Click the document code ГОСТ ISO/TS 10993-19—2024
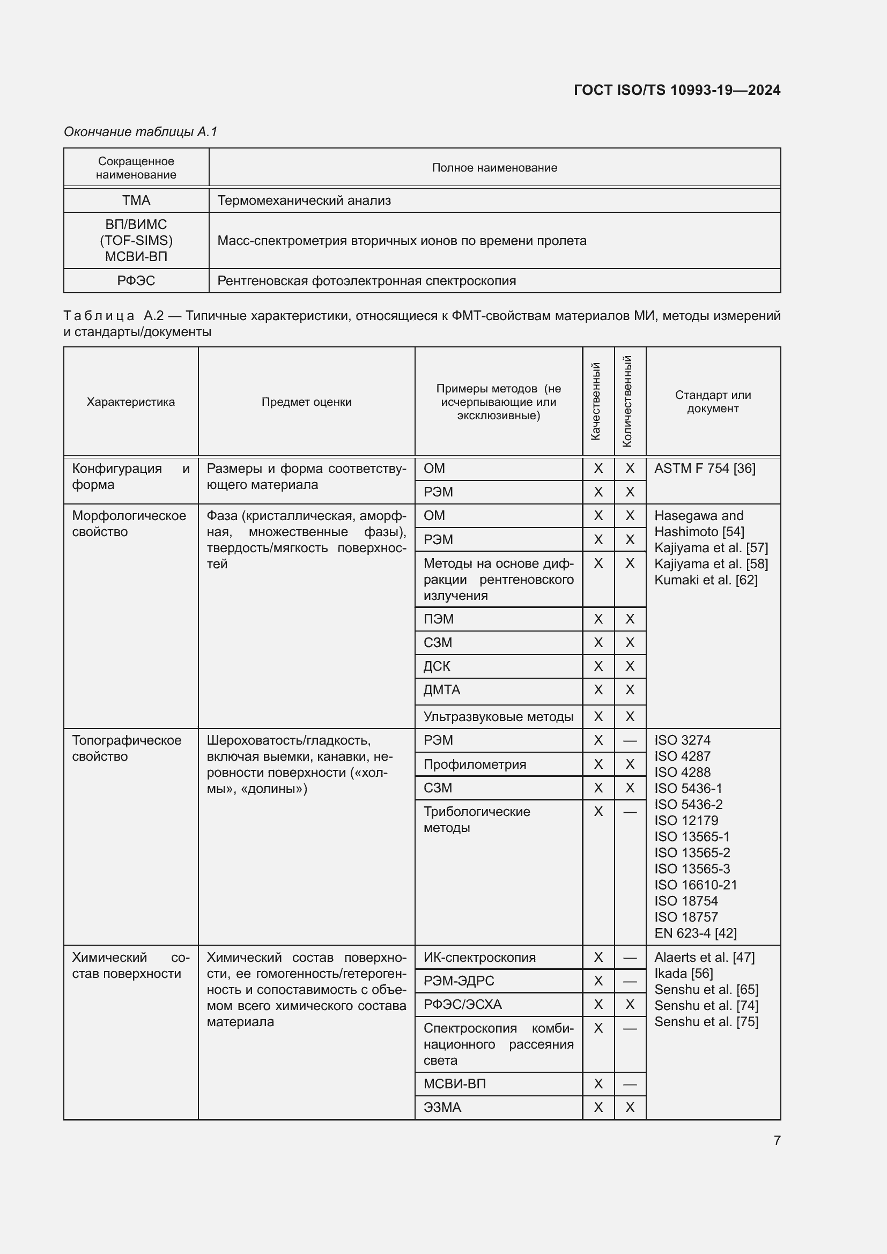677,90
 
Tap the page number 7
777,1140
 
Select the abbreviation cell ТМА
136,201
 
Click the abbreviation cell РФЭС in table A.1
136,281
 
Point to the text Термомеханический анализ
304,201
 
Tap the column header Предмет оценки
306,402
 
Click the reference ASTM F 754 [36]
705,469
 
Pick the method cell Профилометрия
475,765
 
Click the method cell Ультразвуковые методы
498,717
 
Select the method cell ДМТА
442,690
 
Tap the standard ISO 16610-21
696,885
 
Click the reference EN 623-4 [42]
696,933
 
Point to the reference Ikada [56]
683,973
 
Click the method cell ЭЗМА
442,1107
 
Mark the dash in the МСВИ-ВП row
630,1084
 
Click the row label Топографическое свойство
127,748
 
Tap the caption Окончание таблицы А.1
141,132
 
